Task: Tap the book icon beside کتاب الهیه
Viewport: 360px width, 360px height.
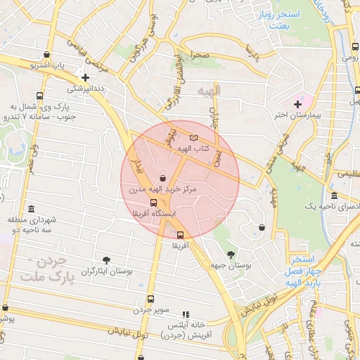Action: pos(193,138)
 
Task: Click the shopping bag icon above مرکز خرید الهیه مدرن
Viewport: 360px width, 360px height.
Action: pos(163,179)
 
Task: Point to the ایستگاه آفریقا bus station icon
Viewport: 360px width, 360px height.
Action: pos(154,202)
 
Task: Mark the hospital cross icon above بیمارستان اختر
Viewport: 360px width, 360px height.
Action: pos(297,104)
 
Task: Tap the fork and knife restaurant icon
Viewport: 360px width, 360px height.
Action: pos(186,315)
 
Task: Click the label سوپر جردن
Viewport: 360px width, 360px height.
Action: pos(151,309)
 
